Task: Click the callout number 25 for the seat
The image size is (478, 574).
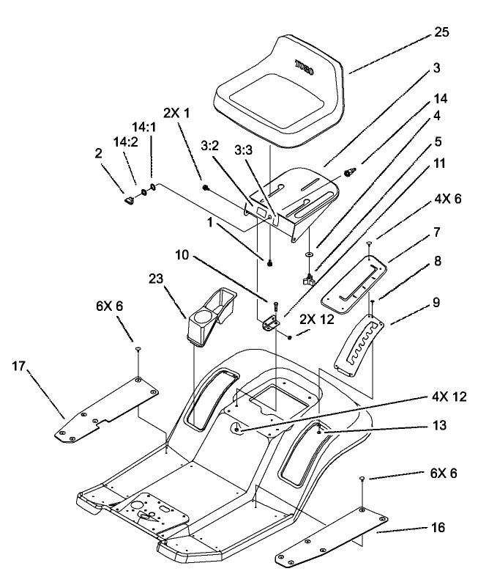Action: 442,33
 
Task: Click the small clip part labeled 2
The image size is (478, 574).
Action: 127,198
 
